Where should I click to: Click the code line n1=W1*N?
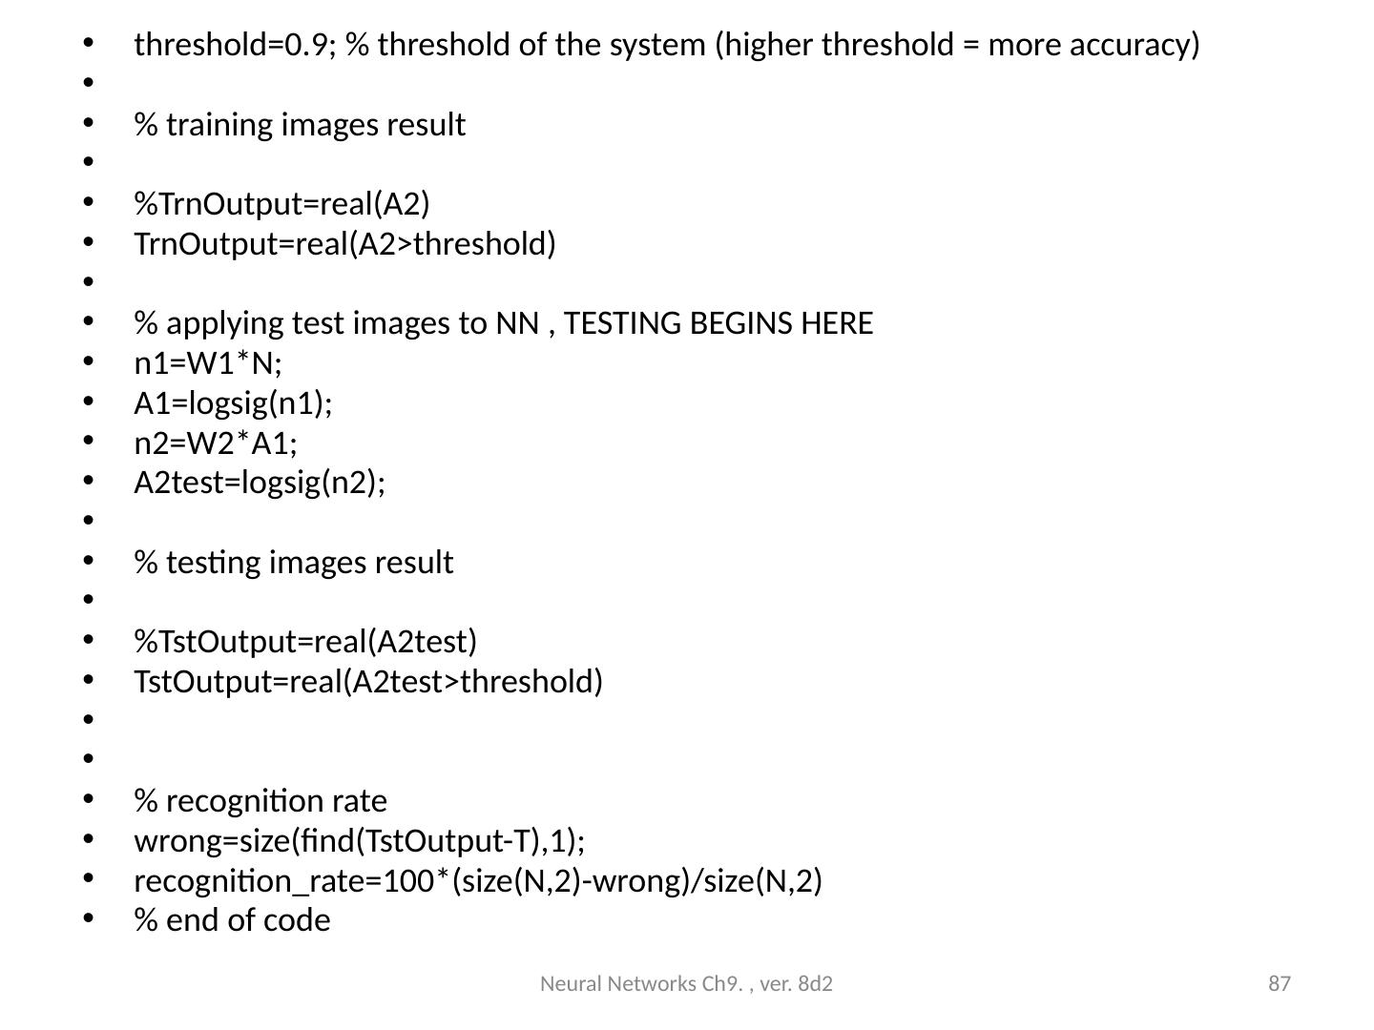click(208, 363)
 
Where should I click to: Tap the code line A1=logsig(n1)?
click(233, 403)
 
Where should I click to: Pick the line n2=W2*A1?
click(216, 443)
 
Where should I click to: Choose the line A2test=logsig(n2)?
click(260, 484)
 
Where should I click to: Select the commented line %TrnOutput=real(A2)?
click(281, 204)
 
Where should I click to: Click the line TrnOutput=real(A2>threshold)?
click(344, 244)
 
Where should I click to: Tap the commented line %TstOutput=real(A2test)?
click(305, 642)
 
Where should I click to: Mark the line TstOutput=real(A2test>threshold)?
click(368, 682)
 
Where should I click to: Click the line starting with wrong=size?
click(360, 841)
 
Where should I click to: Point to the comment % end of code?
click(232, 921)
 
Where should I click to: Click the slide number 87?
click(1280, 983)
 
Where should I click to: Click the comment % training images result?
click(300, 125)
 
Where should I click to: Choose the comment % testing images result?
click(293, 563)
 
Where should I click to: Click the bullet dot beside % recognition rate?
click(88, 801)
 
